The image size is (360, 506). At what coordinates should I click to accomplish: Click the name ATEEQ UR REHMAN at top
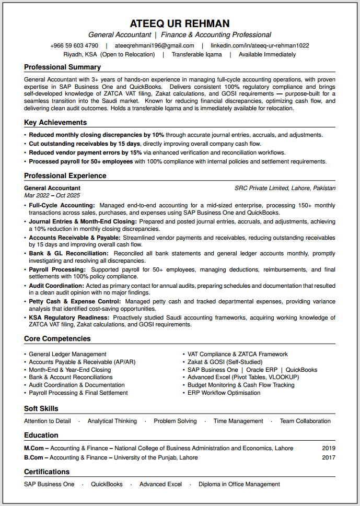(x=180, y=23)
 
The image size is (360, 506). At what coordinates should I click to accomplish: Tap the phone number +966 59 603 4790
(x=74, y=45)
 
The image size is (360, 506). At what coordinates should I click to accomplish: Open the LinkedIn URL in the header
(x=260, y=45)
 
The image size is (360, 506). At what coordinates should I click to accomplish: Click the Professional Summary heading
(x=62, y=67)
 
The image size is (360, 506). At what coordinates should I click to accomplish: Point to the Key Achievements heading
(x=55, y=123)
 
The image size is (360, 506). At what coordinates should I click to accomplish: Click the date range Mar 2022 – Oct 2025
(x=52, y=195)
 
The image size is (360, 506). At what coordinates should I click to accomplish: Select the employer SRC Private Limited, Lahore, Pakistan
(x=285, y=188)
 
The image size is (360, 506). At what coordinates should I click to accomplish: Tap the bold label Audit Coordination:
(x=56, y=286)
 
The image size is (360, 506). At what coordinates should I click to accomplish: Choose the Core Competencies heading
(x=57, y=339)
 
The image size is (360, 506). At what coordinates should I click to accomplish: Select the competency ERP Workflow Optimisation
(x=224, y=393)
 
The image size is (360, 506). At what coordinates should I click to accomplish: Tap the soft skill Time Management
(x=238, y=421)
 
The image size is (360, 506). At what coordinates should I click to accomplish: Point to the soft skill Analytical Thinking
(x=112, y=421)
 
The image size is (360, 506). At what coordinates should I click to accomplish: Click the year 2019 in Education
(x=329, y=448)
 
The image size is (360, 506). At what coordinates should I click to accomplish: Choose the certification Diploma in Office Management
(x=239, y=484)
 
